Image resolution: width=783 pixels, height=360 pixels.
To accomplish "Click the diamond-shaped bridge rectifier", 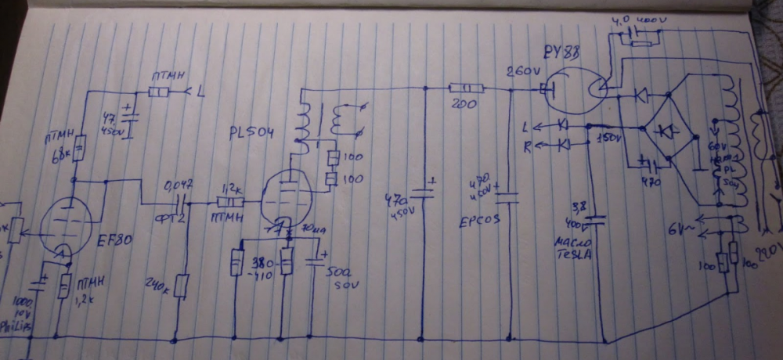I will (x=667, y=129).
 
